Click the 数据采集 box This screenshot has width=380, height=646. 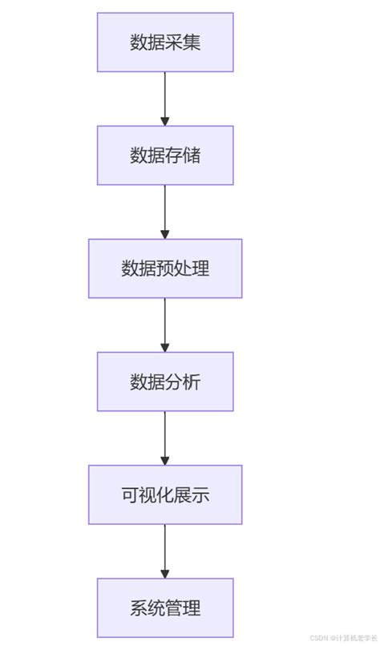click(x=165, y=42)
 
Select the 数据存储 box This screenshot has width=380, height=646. click(x=165, y=155)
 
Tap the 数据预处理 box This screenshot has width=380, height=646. click(x=165, y=268)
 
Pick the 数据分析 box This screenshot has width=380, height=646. click(x=165, y=382)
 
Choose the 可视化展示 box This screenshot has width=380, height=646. click(x=165, y=495)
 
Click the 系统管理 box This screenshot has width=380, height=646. click(x=165, y=608)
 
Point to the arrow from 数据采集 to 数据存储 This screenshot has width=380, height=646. click(x=165, y=99)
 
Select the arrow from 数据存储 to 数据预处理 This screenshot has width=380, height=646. click(x=165, y=212)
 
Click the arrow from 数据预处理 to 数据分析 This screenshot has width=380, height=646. click(x=165, y=325)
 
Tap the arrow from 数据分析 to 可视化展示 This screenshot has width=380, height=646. click(x=165, y=438)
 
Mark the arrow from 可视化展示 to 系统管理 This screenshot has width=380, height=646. click(x=165, y=551)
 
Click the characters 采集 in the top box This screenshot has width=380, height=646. click(x=183, y=42)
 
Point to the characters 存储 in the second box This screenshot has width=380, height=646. click(x=183, y=155)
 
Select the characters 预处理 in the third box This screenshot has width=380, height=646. click(x=183, y=268)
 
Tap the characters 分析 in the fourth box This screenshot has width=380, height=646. click(x=183, y=382)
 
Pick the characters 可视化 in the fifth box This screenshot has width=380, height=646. click(x=148, y=495)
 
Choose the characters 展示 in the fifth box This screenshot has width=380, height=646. click(x=192, y=495)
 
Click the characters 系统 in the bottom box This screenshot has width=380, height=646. click(x=148, y=608)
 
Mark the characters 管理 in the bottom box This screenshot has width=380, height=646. click(x=183, y=608)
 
